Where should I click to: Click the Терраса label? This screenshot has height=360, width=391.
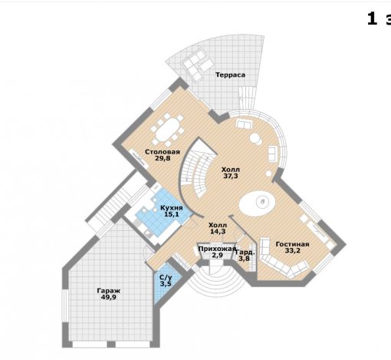230,75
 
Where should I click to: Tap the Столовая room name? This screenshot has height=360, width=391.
163,152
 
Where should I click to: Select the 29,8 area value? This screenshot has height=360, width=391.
163,158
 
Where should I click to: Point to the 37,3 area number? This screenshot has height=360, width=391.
231,176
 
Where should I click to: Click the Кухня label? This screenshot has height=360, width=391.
172,208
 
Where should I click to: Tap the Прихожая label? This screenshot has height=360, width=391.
217,249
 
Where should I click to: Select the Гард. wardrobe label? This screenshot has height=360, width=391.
245,252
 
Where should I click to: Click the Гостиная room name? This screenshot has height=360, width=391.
292,244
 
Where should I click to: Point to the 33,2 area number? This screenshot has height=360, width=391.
293,251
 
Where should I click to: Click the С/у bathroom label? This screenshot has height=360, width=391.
166,277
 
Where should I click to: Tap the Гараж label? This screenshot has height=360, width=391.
109,291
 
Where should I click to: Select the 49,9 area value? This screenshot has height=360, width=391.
109,297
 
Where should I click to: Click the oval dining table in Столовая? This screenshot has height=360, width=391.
168,130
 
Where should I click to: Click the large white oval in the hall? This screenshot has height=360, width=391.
258,203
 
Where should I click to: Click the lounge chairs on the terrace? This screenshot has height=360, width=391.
197,64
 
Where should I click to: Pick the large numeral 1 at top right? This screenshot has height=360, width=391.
372,19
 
